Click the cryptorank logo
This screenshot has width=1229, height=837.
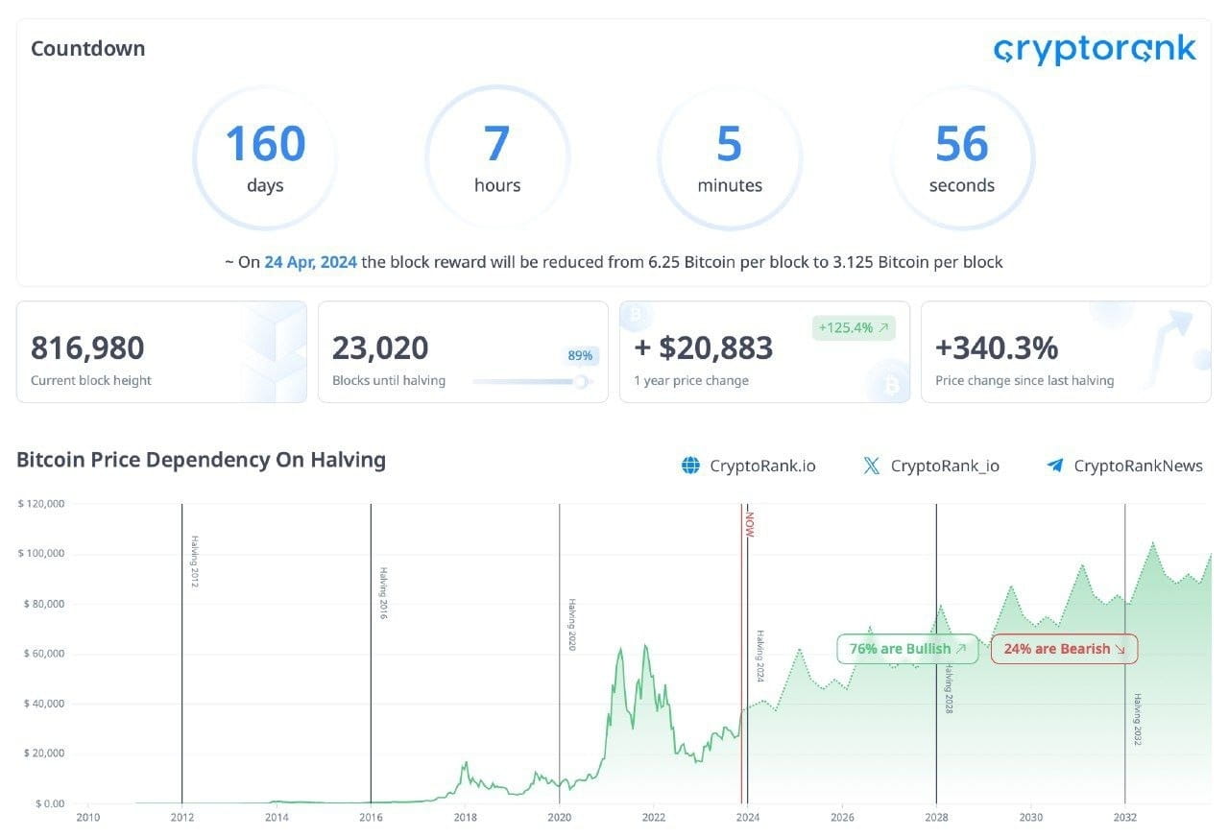coord(1095,49)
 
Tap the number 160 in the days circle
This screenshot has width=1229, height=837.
coord(266,143)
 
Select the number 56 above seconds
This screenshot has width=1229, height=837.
coord(962,143)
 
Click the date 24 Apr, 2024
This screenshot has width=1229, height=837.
coord(310,262)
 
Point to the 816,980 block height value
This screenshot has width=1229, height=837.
coord(87,347)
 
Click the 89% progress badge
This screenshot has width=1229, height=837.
coord(580,355)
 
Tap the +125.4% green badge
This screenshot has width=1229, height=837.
coord(854,328)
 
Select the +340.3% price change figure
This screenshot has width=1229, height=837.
coord(997,347)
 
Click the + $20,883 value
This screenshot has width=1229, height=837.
coord(704,347)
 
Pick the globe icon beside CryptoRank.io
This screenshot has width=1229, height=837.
coord(690,466)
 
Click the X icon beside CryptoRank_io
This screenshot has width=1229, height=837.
coord(871,466)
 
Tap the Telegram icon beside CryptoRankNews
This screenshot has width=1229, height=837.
coord(1055,466)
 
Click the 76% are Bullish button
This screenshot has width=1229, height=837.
coord(907,649)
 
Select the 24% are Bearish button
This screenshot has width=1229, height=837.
coord(1065,649)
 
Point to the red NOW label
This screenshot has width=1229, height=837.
coord(750,524)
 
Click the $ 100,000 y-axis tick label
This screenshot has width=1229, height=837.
coord(41,553)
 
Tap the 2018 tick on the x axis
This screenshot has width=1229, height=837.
coord(466,817)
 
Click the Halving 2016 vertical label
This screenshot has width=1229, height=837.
coord(383,593)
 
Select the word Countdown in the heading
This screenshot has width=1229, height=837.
coord(87,48)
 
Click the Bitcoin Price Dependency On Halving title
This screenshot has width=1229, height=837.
coord(201,460)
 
